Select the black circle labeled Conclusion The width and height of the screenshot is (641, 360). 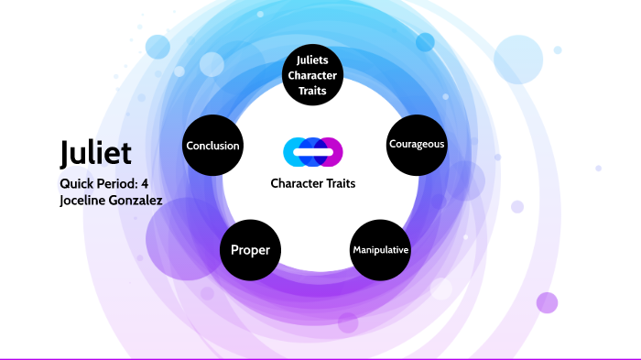click(212, 146)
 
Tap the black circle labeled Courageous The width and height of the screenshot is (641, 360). click(417, 145)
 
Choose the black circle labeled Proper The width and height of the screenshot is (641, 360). click(250, 249)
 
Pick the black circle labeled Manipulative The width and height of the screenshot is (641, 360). click(380, 249)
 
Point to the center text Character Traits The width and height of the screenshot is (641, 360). click(313, 183)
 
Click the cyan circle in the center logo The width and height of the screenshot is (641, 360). click(295, 151)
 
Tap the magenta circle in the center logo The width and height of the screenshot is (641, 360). click(331, 151)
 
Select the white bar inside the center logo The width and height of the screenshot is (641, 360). click(313, 151)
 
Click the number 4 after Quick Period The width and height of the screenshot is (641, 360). click(145, 182)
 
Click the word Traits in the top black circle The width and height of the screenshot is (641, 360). click(313, 90)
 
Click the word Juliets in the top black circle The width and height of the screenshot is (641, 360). click(313, 60)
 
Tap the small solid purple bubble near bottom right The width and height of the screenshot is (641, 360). click(547, 302)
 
